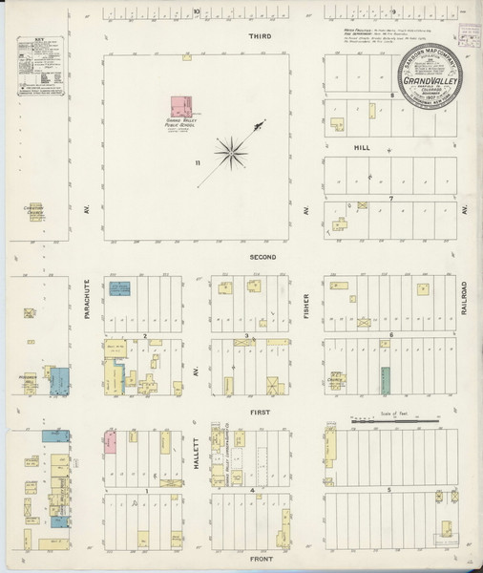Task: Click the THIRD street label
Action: [260, 35]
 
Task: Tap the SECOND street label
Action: [262, 258]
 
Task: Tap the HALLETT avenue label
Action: [198, 449]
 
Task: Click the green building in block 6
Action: [387, 379]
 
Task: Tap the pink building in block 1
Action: [111, 441]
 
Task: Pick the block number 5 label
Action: [390, 490]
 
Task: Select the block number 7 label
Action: [390, 198]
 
